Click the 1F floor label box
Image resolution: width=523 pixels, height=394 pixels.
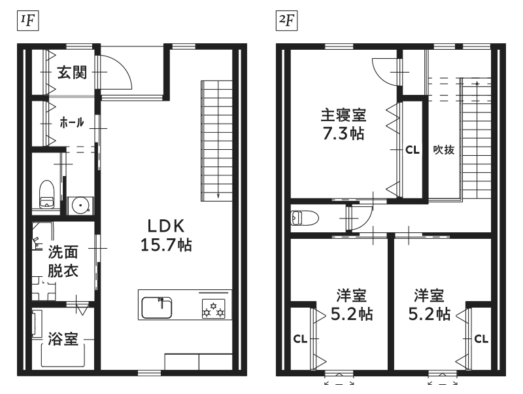(28, 21)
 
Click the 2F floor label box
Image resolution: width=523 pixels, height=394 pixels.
(286, 21)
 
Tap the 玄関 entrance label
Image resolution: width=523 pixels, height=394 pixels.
(72, 73)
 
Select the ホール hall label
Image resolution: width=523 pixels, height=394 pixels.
(72, 122)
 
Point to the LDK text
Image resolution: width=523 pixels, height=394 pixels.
(166, 226)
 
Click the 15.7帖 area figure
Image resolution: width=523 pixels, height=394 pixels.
(166, 245)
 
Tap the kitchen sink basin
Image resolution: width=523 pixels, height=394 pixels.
(157, 308)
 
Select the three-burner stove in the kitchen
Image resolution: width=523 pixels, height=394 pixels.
(214, 308)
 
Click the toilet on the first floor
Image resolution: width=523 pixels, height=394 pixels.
(46, 194)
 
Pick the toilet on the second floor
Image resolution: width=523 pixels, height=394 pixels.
(305, 218)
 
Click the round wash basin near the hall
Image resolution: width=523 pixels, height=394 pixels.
(80, 206)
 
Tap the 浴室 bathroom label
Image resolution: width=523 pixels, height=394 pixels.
(63, 338)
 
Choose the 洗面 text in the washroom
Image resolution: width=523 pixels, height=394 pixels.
(63, 252)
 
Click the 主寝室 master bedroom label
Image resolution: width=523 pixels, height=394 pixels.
(344, 115)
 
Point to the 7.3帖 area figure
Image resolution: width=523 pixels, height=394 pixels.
(344, 134)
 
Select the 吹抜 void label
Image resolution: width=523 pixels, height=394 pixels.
(444, 150)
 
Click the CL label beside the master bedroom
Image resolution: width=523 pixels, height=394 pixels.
(413, 151)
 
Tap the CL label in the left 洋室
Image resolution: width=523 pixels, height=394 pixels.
(300, 339)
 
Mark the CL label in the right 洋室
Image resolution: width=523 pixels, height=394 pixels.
(481, 339)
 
